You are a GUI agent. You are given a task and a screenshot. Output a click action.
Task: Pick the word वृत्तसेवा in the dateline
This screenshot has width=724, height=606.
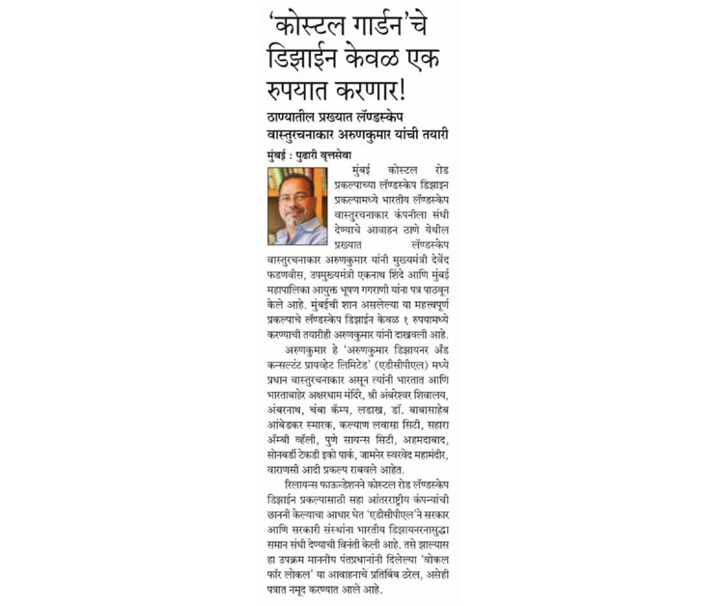coord(360,154)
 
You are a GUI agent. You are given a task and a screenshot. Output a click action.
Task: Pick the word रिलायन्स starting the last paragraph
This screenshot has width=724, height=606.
coord(304,492)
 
